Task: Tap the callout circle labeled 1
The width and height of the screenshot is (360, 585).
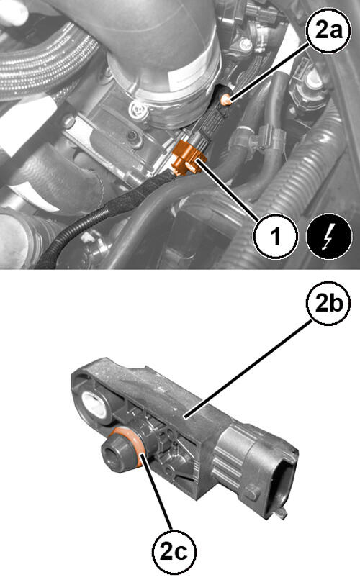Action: [276, 236]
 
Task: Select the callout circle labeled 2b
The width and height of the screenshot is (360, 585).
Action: [328, 302]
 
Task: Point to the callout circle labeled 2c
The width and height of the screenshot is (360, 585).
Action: [174, 551]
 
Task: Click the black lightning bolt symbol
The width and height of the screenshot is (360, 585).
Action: [329, 236]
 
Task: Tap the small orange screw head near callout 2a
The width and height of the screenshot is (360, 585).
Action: [226, 100]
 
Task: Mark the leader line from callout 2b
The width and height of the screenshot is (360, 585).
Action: [249, 368]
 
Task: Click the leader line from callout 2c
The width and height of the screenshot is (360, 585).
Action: [157, 491]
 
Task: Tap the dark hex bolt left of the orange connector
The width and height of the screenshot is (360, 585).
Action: [132, 137]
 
